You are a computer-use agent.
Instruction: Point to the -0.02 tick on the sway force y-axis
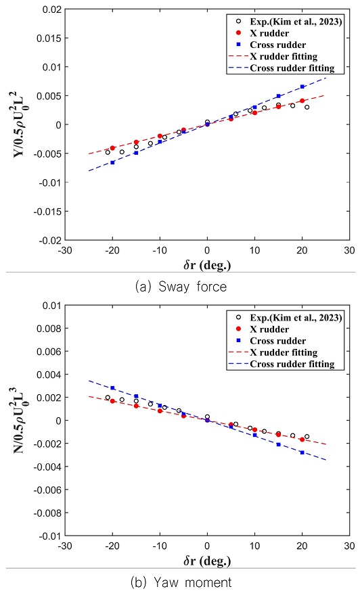click(x=49, y=240)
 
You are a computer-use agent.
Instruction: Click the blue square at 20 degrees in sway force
click(x=302, y=87)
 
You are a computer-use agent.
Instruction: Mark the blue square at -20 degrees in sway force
click(x=112, y=162)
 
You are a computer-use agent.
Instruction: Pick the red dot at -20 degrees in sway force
click(x=112, y=148)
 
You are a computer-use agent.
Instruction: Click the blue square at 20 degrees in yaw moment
click(x=302, y=452)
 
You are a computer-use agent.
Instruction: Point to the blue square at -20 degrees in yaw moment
click(x=112, y=388)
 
